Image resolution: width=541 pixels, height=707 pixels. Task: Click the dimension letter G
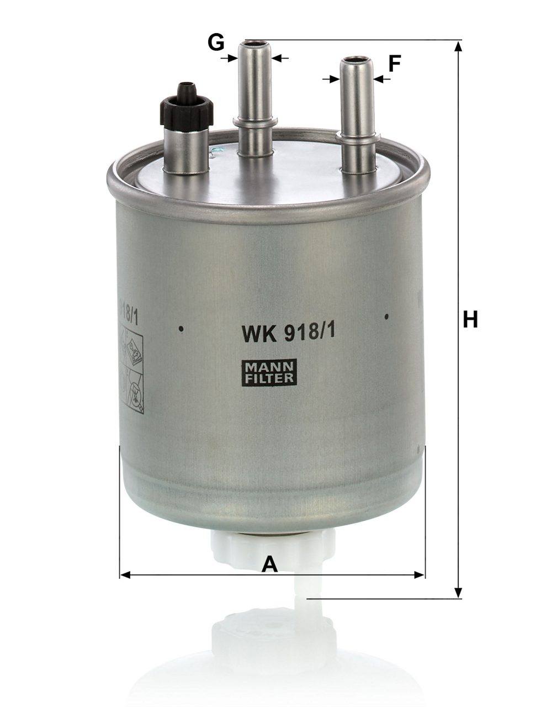[x=216, y=41]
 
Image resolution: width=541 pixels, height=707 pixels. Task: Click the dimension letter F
[x=394, y=64]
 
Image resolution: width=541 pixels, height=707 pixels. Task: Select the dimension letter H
[x=470, y=319]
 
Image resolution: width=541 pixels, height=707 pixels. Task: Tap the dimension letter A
[x=269, y=564]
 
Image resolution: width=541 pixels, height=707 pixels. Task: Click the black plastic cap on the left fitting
[x=186, y=105]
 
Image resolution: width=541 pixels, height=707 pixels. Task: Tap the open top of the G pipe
[x=256, y=43]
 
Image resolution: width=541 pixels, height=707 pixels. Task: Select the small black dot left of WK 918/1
[x=181, y=330]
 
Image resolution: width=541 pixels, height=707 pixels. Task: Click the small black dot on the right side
[x=387, y=316]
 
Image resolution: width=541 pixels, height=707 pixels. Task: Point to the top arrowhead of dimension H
[x=458, y=46]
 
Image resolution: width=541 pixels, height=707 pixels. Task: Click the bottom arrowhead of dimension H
[x=458, y=593]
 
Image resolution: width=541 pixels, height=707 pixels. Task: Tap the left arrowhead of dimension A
[x=125, y=575]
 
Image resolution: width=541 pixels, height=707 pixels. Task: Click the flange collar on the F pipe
[x=357, y=136]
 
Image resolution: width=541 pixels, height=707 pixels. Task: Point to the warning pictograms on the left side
[x=131, y=370]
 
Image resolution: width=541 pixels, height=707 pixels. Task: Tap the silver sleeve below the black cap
[x=187, y=149]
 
